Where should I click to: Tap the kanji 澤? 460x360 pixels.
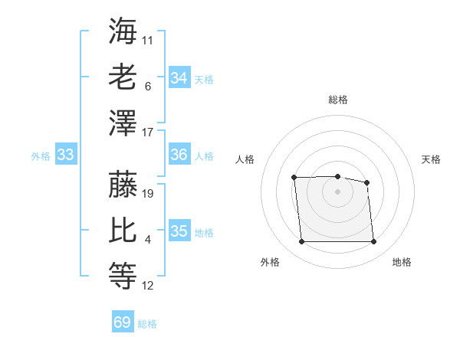pyautogui.click(x=123, y=123)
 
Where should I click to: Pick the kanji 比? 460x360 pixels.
pyautogui.click(x=123, y=231)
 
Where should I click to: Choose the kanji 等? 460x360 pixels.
pyautogui.click(x=123, y=277)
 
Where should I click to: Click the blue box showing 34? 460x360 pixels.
pyautogui.click(x=179, y=78)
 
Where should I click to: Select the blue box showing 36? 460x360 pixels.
pyautogui.click(x=179, y=155)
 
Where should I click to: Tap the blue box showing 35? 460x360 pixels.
pyautogui.click(x=179, y=231)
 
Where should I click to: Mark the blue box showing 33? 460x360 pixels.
pyautogui.click(x=66, y=155)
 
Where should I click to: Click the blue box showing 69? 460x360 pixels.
pyautogui.click(x=123, y=322)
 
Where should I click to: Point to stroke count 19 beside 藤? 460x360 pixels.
pyautogui.click(x=149, y=194)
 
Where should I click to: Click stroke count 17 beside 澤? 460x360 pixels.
pyautogui.click(x=148, y=133)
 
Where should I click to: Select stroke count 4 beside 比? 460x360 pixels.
pyautogui.click(x=148, y=241)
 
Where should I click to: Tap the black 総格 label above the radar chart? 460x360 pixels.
pyautogui.click(x=338, y=100)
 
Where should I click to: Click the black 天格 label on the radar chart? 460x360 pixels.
pyautogui.click(x=432, y=159)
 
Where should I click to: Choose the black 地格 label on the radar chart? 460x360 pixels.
pyautogui.click(x=402, y=263)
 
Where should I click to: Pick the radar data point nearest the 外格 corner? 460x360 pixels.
pyautogui.click(x=301, y=242)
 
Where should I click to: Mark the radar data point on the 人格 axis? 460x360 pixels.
pyautogui.click(x=294, y=178)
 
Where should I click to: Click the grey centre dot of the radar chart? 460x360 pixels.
pyautogui.click(x=337, y=191)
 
